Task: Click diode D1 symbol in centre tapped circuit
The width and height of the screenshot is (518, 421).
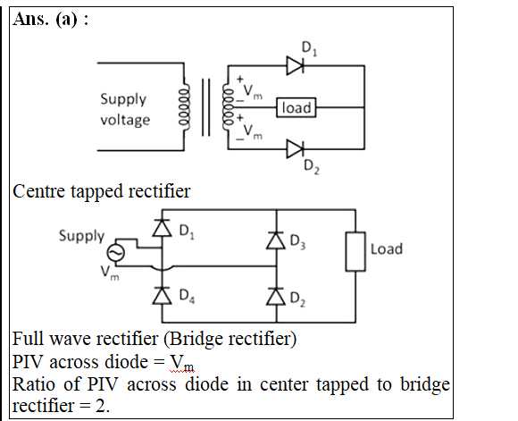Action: coord(295,66)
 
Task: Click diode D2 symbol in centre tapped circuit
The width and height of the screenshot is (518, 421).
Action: coord(295,149)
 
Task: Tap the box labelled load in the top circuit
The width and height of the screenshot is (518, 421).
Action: coord(297,107)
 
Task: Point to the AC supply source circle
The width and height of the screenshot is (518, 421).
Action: coord(116,253)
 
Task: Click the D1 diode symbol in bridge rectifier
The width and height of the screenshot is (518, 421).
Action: coord(162,228)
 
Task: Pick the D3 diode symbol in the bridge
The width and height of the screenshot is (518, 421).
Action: coord(276,240)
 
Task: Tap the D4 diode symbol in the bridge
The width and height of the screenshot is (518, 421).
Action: coord(162,295)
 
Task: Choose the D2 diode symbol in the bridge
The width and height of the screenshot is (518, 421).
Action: coord(276,296)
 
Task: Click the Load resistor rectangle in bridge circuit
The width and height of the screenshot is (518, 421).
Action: coord(355,252)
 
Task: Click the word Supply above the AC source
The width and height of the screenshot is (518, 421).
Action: coord(81,236)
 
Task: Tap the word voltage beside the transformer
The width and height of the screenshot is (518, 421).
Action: coord(125,120)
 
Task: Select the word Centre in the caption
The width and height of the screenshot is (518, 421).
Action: coord(39,191)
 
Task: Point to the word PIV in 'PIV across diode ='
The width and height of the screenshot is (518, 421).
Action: coord(28,362)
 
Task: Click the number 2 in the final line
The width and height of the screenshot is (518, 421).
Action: coord(100,406)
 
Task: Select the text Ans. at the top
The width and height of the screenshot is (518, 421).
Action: coord(30,19)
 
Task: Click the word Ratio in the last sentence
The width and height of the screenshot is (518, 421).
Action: coord(33,384)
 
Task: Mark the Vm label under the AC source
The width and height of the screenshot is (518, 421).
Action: coord(110,274)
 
